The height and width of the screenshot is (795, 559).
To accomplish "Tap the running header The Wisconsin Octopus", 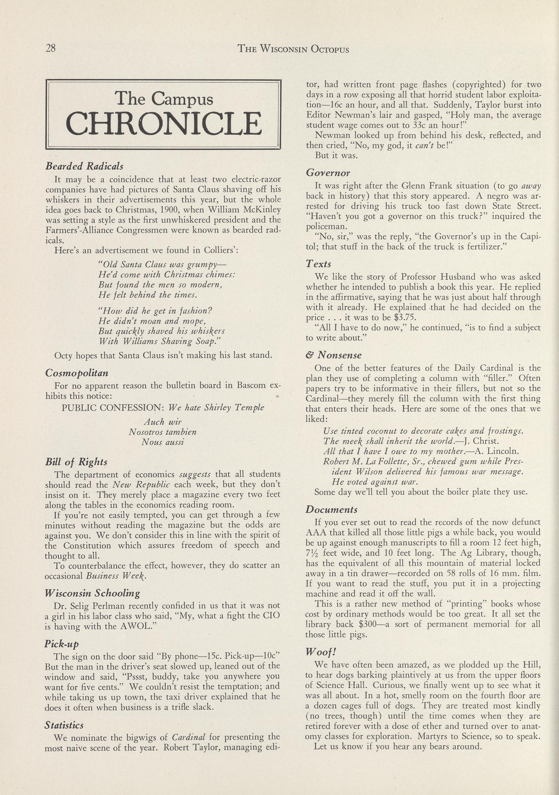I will (x=293, y=49).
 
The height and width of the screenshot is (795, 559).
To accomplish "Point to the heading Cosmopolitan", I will (x=77, y=373).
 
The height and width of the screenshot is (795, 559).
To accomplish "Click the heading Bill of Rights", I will (x=76, y=462).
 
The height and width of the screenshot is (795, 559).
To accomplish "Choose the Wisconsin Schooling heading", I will (x=92, y=593).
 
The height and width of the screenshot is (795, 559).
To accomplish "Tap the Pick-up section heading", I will (x=62, y=644).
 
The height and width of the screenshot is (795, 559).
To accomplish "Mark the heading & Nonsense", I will (x=334, y=355).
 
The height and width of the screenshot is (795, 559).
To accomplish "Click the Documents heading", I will (x=331, y=510).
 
